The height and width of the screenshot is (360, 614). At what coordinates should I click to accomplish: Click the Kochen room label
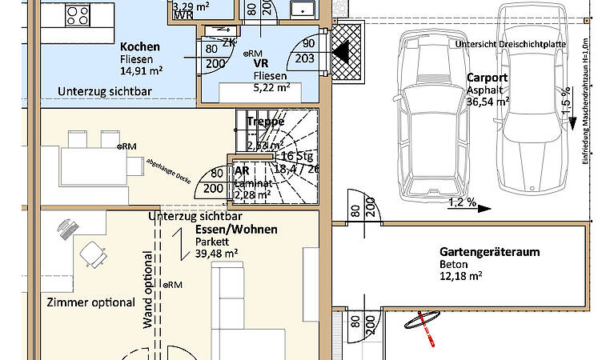[x=140, y=47]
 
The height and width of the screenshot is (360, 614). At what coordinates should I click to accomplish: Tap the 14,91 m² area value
[x=141, y=70]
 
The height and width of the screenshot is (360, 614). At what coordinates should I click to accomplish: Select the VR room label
[x=260, y=62]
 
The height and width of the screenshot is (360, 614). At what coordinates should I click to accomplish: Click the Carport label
[x=487, y=78]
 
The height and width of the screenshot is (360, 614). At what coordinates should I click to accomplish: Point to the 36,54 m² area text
[x=488, y=102]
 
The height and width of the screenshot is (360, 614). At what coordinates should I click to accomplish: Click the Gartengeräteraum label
[x=489, y=251]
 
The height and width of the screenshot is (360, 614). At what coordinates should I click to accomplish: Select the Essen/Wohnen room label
[x=236, y=230]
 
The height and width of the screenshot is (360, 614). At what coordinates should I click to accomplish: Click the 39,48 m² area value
[x=217, y=254]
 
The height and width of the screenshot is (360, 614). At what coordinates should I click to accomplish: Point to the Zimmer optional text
[x=91, y=302]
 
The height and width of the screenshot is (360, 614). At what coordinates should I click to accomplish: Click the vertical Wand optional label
[x=148, y=290]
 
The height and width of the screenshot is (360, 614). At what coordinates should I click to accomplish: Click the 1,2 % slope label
[x=460, y=202]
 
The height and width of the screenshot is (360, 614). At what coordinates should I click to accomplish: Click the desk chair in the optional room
[x=94, y=254]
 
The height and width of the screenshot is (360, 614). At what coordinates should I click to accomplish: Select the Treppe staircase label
[x=266, y=122]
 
